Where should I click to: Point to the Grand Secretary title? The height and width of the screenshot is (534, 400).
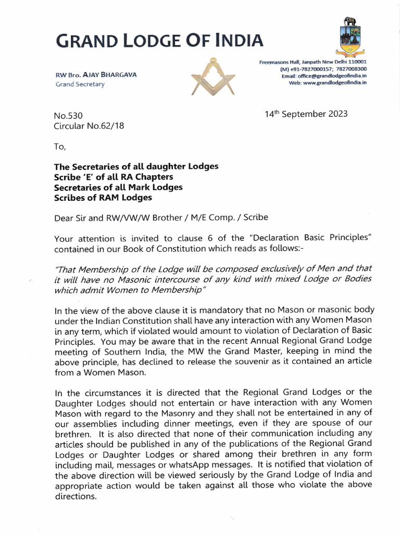pos(80,84)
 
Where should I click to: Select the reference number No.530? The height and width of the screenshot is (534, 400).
pos(68,116)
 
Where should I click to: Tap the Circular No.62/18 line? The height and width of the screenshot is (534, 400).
pos(89,126)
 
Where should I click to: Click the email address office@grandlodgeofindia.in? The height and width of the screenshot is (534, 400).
pos(331,76)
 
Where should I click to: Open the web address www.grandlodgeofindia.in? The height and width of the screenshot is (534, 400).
pos(335,83)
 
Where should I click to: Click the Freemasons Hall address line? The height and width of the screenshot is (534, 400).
pos(312,62)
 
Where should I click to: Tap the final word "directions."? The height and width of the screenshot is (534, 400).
pos(76,496)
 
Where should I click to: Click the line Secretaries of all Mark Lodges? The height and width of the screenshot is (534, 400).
pos(118,187)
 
